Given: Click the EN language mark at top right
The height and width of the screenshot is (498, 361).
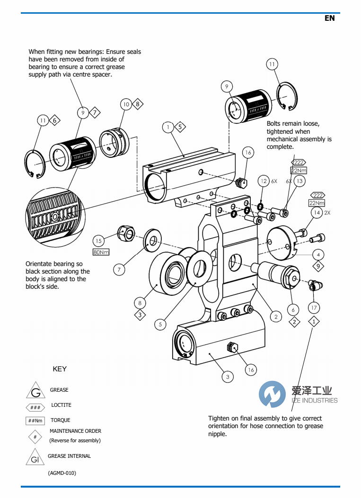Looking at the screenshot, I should coord(329,18).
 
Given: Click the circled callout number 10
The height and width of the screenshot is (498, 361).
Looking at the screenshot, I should coord(125,104).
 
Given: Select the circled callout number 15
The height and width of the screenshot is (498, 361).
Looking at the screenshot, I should coord(98,241).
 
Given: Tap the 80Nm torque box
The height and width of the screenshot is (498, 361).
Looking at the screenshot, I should coord(101,252).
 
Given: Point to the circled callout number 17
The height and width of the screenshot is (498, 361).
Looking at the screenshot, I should coord(314,308).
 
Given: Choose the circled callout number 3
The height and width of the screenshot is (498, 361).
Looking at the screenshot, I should coord(228,377).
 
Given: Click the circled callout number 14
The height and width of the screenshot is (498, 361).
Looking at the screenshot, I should coord(316,213).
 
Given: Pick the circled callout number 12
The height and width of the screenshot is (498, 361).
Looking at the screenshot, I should coord(264,181).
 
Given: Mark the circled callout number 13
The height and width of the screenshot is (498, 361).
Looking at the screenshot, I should coord(299,181).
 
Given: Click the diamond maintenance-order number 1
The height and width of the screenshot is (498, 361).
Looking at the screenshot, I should coord(314,322).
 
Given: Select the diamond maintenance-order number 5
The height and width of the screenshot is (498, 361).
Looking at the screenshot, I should coord(180,127).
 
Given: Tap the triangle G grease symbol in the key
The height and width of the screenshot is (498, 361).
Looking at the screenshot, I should coord(35,391).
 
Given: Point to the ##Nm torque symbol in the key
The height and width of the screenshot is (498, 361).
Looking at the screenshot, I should coord(35,421).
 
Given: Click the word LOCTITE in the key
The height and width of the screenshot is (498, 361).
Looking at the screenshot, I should coord(61,405).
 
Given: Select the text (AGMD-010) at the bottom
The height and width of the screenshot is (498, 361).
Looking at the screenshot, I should coord(62,473).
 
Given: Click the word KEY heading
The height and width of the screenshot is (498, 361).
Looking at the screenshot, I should coord(60,369).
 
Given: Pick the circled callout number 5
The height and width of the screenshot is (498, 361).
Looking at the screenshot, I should coord(160,324).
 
